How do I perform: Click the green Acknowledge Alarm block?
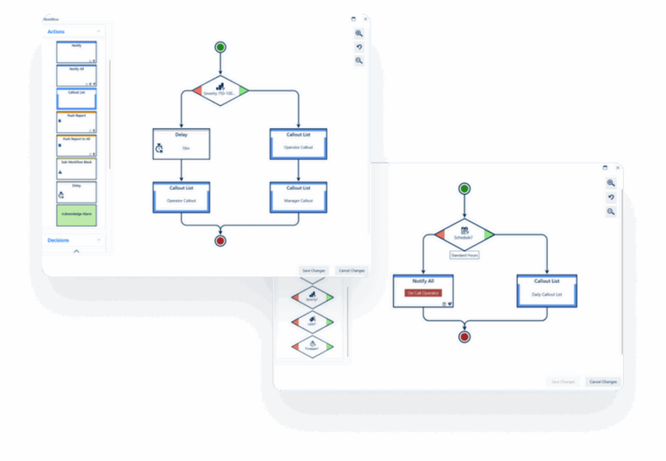pos(76,215)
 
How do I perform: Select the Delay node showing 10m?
pos(181,142)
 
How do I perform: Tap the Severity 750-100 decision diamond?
pos(220,90)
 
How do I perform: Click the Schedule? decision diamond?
pos(464,235)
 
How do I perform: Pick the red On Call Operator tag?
pos(423,293)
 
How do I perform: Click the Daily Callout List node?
pos(546,291)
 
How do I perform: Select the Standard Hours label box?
pos(464,256)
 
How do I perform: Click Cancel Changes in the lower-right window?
pos(603,382)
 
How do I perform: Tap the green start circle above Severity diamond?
pos(220,47)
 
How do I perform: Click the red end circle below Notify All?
pos(464,337)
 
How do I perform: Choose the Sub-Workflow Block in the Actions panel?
pos(76,168)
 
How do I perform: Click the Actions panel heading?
pos(56,32)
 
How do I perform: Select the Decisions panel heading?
pos(59,241)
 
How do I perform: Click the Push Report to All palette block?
pos(76,145)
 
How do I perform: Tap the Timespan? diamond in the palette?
pos(312,345)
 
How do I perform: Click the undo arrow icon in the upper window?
pos(359,47)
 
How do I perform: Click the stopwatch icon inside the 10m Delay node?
pos(160,148)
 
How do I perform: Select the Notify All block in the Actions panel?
pos(76,75)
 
